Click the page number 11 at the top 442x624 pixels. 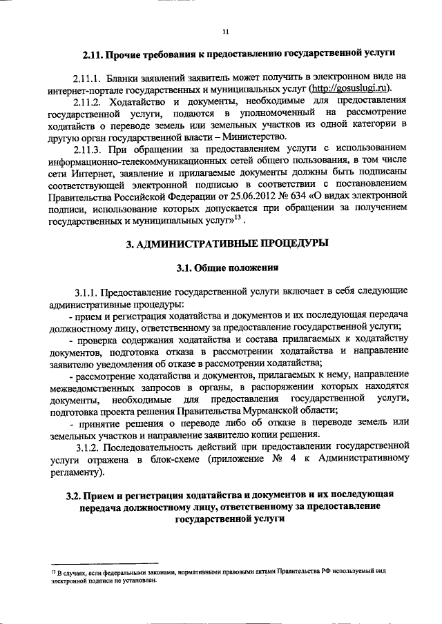[x=225, y=31]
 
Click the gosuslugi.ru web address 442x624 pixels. [x=350, y=88]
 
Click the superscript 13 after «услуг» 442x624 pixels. [x=236, y=219]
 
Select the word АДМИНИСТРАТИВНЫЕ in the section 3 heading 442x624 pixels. [x=195, y=243]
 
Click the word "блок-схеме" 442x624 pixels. [x=188, y=461]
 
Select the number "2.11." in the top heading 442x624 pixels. [x=94, y=53]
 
